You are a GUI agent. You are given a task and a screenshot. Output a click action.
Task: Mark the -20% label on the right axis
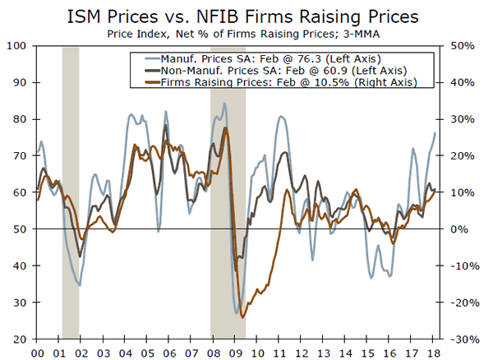(460, 302)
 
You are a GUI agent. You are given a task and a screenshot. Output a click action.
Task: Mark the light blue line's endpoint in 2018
(435, 133)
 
